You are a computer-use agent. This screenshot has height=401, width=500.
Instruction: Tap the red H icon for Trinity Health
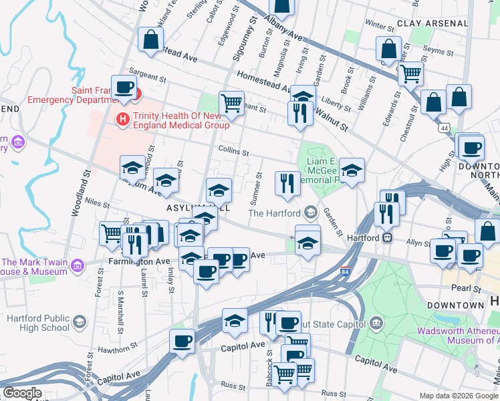123,120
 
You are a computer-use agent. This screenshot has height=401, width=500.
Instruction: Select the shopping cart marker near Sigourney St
231,104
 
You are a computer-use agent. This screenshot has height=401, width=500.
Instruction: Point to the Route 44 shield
445,127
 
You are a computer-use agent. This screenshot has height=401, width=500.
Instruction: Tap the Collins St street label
233,151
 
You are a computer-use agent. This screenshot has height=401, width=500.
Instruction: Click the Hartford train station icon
387,237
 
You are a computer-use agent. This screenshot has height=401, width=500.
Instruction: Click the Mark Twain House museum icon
78,267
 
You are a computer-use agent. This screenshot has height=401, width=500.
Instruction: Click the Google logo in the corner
21,392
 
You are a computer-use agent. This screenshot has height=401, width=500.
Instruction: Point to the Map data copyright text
459,395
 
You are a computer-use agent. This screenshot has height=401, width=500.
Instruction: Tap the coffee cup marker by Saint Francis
124,87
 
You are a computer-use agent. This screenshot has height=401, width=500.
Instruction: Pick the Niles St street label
97,203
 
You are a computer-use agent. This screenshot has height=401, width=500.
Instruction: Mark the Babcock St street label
270,362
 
